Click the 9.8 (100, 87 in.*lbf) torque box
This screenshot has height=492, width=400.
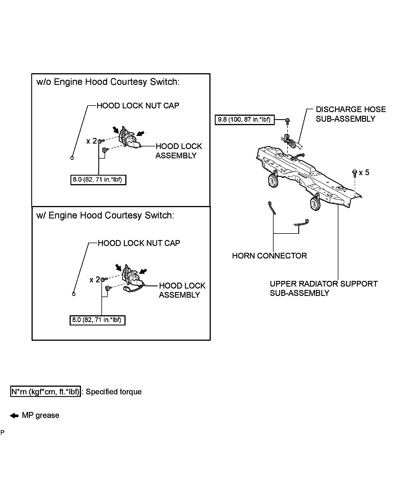pos(244,120)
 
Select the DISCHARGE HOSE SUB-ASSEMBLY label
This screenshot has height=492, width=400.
pos(351,114)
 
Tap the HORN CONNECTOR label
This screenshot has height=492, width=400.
pos(269,256)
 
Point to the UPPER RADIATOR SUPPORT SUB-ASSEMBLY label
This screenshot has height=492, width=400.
pos(324,288)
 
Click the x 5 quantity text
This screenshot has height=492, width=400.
pos(364,173)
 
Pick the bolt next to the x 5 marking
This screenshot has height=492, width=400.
pos(354,173)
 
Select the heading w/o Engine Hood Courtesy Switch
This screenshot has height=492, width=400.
pos(108,82)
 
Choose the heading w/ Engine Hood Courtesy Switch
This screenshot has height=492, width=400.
pos(105,215)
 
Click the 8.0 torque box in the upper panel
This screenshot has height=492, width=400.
pos(98,180)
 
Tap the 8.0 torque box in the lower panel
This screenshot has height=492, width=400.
pos(97,320)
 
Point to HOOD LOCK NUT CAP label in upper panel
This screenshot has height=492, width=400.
pos(138,106)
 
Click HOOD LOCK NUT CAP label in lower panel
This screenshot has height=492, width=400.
pos(139,243)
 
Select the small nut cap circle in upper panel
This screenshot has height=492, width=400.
pos(72,157)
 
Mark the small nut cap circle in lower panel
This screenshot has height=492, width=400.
pos(74,294)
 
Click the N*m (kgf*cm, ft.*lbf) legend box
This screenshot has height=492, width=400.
pos(45,392)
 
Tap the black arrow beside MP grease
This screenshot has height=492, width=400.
pos(14,416)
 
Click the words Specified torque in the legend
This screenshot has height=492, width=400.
pos(114,392)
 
